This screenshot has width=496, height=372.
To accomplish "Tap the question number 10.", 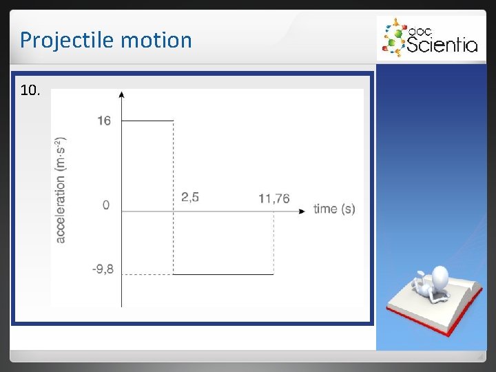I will [x=30, y=90].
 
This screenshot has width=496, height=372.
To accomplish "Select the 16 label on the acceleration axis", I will [x=104, y=121].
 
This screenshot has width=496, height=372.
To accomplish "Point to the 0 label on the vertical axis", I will [x=105, y=205].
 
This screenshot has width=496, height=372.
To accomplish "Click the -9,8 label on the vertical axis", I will [x=103, y=269].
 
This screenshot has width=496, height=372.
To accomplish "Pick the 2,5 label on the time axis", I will [x=190, y=198].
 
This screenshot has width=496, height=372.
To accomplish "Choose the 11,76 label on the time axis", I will [x=274, y=199].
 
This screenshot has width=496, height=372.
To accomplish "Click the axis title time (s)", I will [x=334, y=209].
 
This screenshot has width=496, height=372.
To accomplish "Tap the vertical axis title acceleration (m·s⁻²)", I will [x=61, y=189].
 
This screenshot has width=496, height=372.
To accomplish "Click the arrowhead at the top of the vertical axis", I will [x=121, y=94].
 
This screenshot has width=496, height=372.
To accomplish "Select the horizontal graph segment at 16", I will [x=147, y=121].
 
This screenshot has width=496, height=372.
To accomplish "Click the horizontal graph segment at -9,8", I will [x=223, y=274].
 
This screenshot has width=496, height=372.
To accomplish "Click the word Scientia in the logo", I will [x=442, y=45].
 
